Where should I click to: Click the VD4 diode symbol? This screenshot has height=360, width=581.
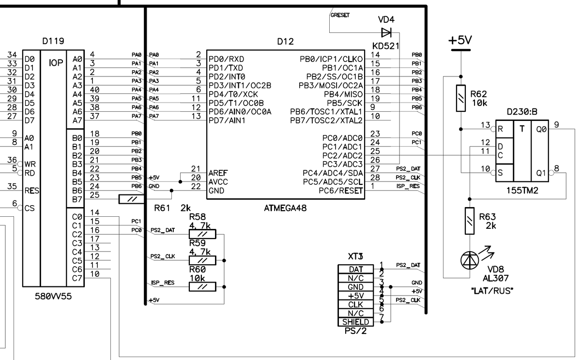pyautogui.click(x=386, y=32)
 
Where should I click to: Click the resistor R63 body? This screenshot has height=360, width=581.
pyautogui.click(x=469, y=221)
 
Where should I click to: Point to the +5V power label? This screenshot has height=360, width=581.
pyautogui.click(x=459, y=41)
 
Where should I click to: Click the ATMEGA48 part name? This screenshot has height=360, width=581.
pyautogui.click(x=286, y=208)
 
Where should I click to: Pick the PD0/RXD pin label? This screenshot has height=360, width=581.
pyautogui.click(x=227, y=59)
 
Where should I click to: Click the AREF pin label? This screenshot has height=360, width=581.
pyautogui.click(x=218, y=173)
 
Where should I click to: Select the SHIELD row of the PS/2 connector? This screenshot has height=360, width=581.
pyautogui.click(x=355, y=322)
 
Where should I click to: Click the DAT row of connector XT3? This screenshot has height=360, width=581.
pyautogui.click(x=355, y=269)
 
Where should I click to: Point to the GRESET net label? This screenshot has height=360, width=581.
pyautogui.click(x=340, y=15)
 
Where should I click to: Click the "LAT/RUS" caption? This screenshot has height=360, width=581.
pyautogui.click(x=491, y=291)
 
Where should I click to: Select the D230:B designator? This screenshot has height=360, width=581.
pyautogui.click(x=522, y=112)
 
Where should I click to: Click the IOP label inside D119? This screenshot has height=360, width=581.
pyautogui.click(x=55, y=63)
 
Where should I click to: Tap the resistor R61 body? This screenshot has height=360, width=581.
pyautogui.click(x=131, y=199)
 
